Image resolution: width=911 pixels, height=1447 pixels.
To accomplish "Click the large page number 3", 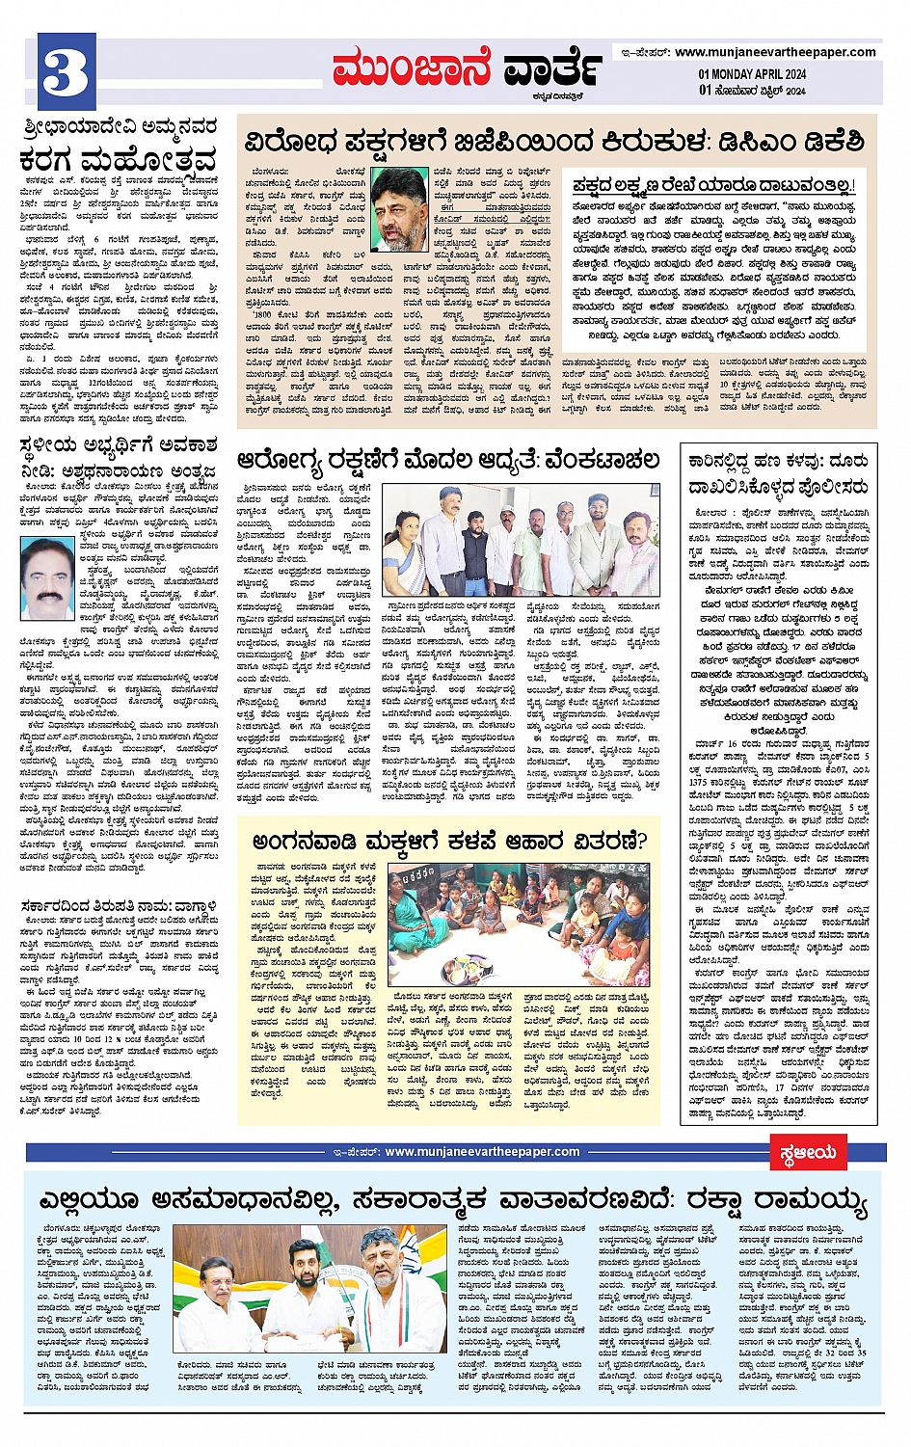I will pyautogui.click(x=67, y=72).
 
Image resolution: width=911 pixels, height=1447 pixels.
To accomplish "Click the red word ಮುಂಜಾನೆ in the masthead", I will pyautogui.click(x=412, y=69).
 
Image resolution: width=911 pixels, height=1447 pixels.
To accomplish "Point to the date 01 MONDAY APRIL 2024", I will pyautogui.click(x=752, y=74).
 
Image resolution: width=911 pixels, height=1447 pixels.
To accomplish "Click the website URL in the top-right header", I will pyautogui.click(x=775, y=52).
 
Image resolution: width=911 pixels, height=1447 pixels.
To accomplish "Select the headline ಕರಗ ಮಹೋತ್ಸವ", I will pyautogui.click(x=118, y=159).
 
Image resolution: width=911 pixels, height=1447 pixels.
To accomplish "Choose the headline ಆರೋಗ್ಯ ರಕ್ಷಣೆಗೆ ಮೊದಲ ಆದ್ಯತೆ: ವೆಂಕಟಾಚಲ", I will pyautogui.click(x=448, y=460).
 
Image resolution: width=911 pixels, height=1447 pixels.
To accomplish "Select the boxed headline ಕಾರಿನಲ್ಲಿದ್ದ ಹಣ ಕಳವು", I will pyautogui.click(x=779, y=473).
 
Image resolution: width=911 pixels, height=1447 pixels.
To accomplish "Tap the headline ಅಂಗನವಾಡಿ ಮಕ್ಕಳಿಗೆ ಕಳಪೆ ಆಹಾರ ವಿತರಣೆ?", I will pyautogui.click(x=449, y=841).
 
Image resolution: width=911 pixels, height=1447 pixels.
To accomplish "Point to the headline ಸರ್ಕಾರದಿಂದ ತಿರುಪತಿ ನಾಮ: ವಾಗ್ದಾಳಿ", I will pyautogui.click(x=119, y=906).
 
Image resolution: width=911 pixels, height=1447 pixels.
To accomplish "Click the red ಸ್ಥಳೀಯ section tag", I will pyautogui.click(x=808, y=1152).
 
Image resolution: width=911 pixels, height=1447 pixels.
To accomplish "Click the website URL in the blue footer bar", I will pyautogui.click(x=481, y=1151).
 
